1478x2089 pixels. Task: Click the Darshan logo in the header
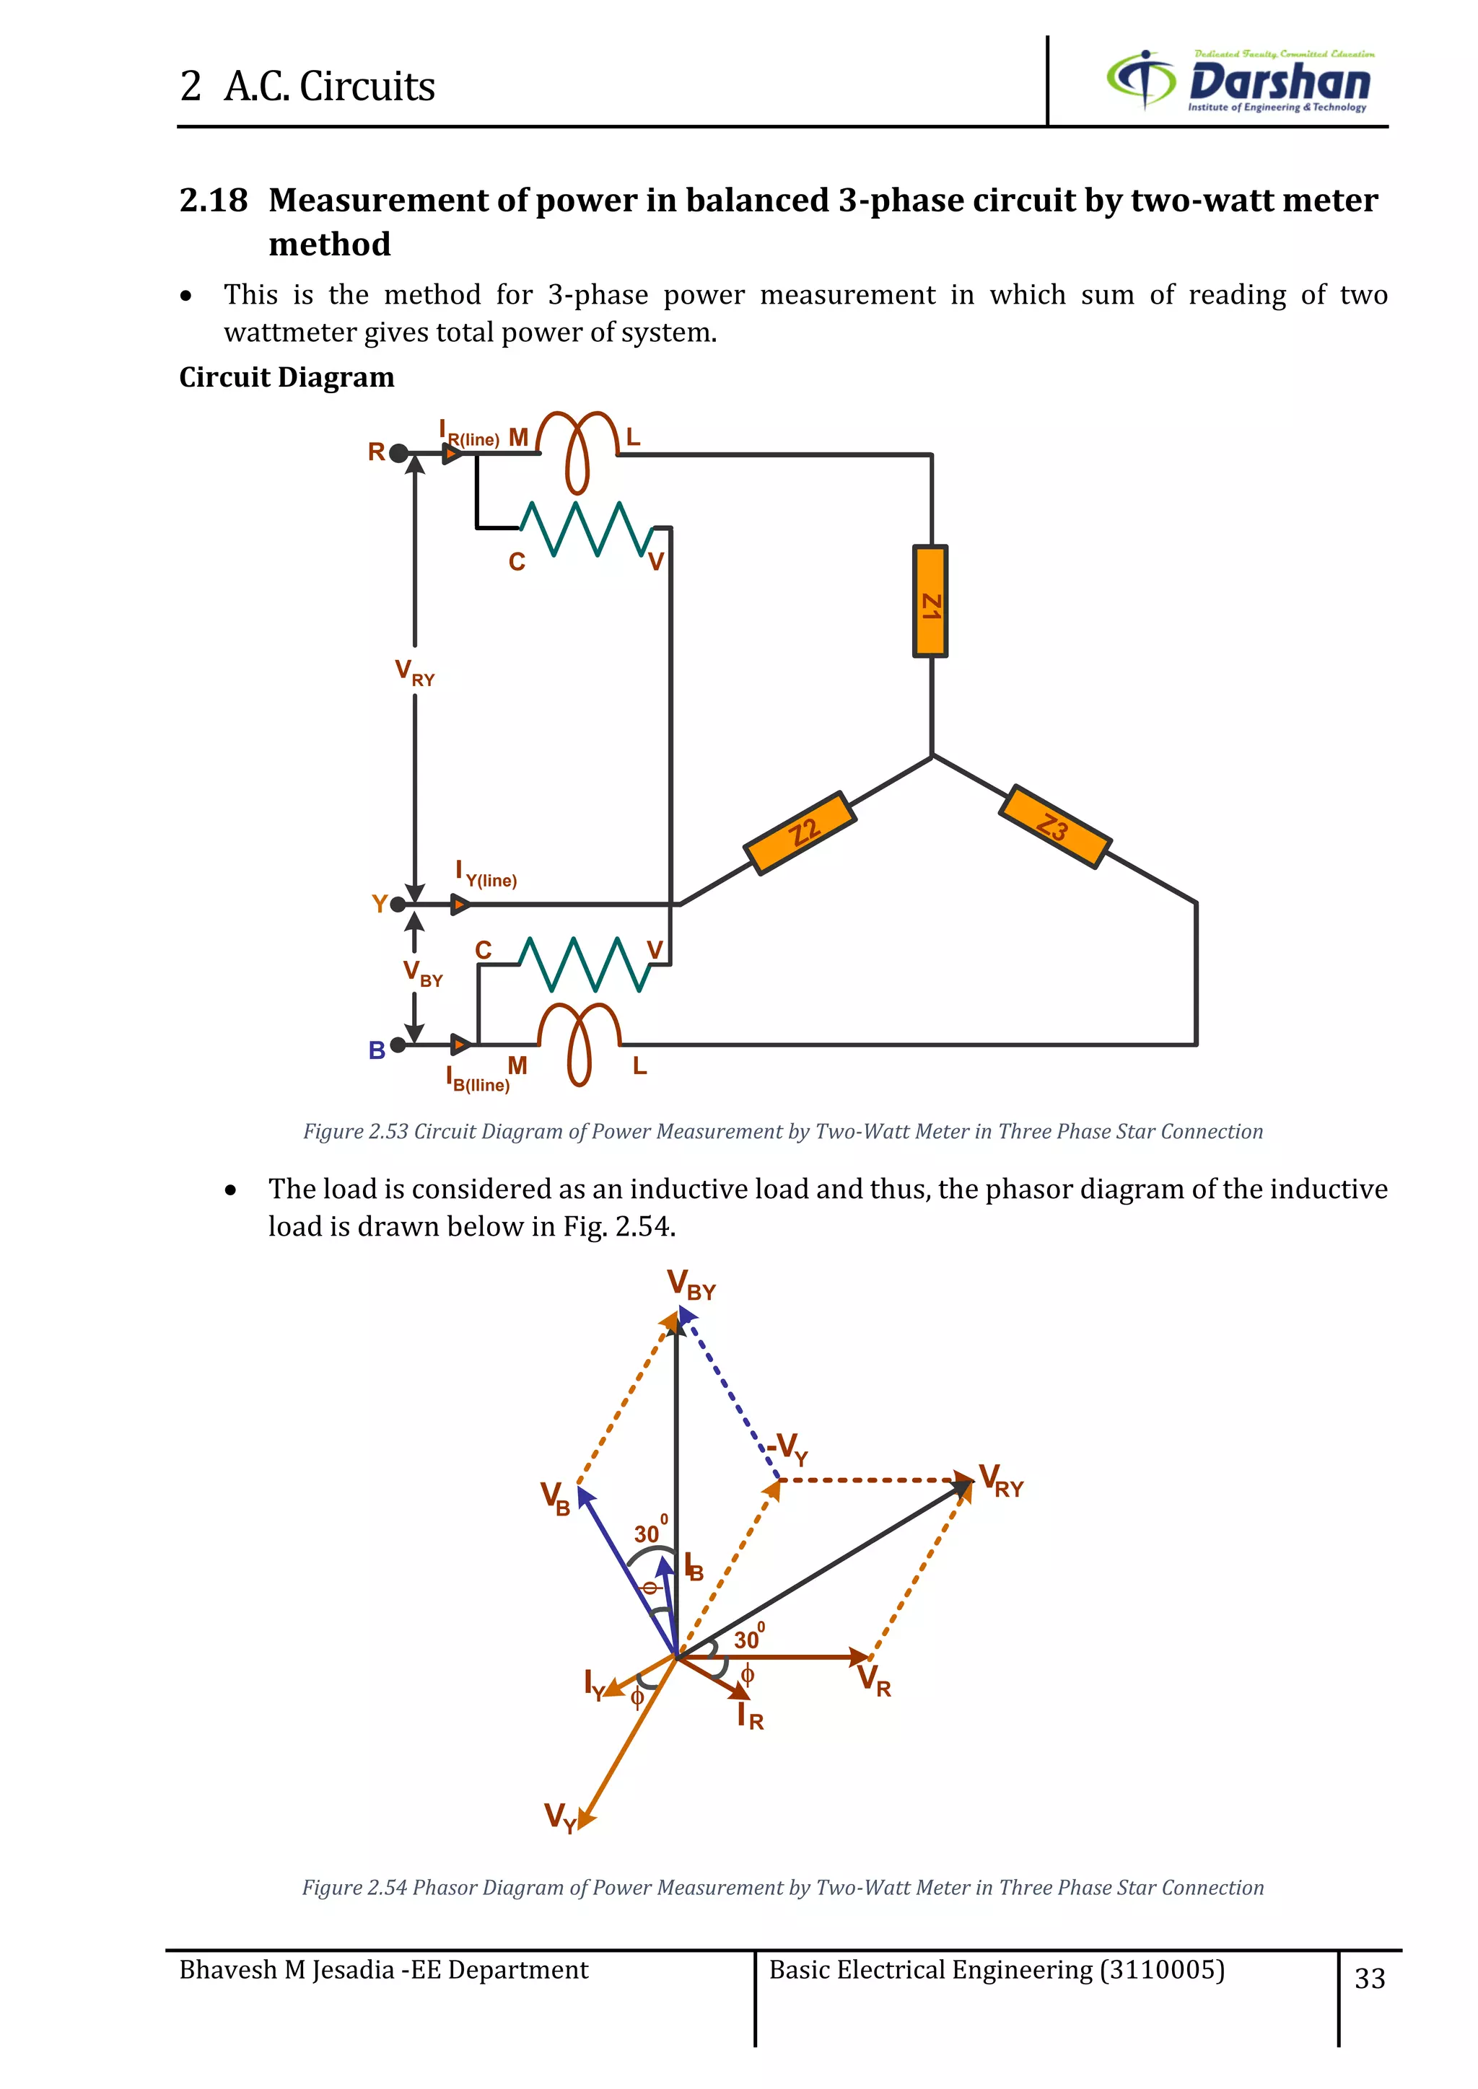(1240, 80)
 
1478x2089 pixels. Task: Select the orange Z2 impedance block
(800, 832)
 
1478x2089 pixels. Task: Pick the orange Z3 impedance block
(1054, 826)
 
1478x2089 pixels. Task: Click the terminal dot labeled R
(398, 452)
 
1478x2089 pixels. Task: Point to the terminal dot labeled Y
(398, 905)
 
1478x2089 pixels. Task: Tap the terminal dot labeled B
(398, 1045)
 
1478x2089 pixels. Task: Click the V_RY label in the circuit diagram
(414, 672)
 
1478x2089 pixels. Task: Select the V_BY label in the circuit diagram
(422, 974)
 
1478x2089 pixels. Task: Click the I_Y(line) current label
(486, 874)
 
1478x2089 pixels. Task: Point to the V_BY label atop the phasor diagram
(691, 1285)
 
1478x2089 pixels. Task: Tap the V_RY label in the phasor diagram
(1001, 1480)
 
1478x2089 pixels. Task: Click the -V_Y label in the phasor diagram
(787, 1448)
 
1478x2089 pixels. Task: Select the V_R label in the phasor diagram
(874, 1679)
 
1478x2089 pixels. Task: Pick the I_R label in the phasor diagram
(750, 1717)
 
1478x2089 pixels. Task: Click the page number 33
(1370, 1978)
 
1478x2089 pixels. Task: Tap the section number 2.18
(213, 200)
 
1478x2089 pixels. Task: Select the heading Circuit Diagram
(287, 377)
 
